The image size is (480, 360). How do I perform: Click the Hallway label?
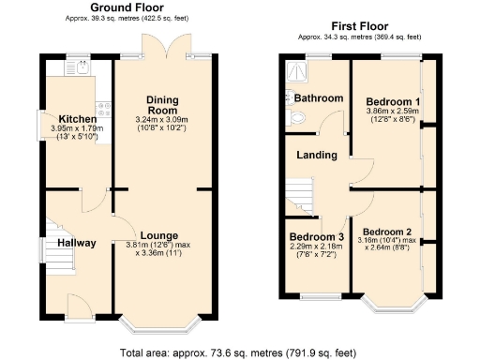[77, 243]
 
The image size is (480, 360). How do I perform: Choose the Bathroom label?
[318, 97]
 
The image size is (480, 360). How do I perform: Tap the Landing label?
[317, 155]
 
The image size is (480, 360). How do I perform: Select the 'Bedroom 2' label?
[388, 231]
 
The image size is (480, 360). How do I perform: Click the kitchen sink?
[74, 67]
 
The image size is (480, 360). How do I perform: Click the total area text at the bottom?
[240, 352]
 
